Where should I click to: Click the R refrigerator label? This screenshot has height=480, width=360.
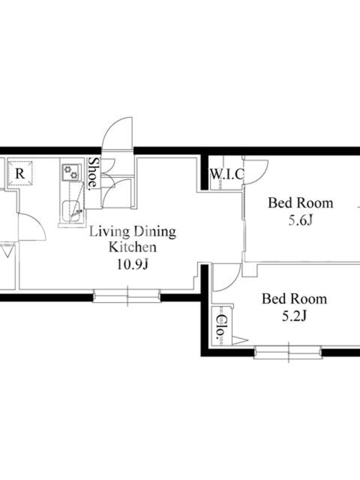pos(20,173)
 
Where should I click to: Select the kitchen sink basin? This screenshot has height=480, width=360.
pos(71,211)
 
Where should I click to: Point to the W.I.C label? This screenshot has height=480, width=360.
pos(227,175)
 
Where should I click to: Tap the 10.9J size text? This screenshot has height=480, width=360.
pos(132,264)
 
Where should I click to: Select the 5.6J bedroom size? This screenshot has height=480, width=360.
pos(301,220)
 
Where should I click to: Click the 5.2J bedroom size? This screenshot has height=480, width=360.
pos(294,316)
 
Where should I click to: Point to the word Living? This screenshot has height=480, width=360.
pos(109,232)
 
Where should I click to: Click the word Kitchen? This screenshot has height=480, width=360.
pos(132,247)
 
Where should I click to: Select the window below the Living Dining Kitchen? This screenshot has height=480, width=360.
pos(127,296)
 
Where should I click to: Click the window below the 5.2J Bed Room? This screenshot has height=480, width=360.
pos(288,352)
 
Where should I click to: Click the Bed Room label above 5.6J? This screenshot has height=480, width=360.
pos(301,203)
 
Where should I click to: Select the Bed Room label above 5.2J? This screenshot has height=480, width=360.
pos(294,299)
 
